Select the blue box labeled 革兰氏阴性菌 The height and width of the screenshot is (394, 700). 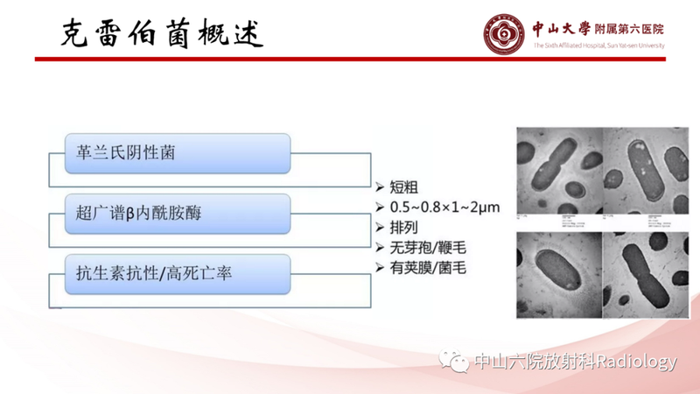pos(178,153)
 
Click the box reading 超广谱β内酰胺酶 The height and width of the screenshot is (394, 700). pos(178,213)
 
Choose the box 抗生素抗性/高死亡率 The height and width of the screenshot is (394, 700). pos(178,273)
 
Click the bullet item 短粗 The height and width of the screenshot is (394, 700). pos(409,187)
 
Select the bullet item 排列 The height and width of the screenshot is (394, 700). pos(409,228)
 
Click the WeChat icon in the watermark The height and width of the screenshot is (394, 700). pos(454,362)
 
